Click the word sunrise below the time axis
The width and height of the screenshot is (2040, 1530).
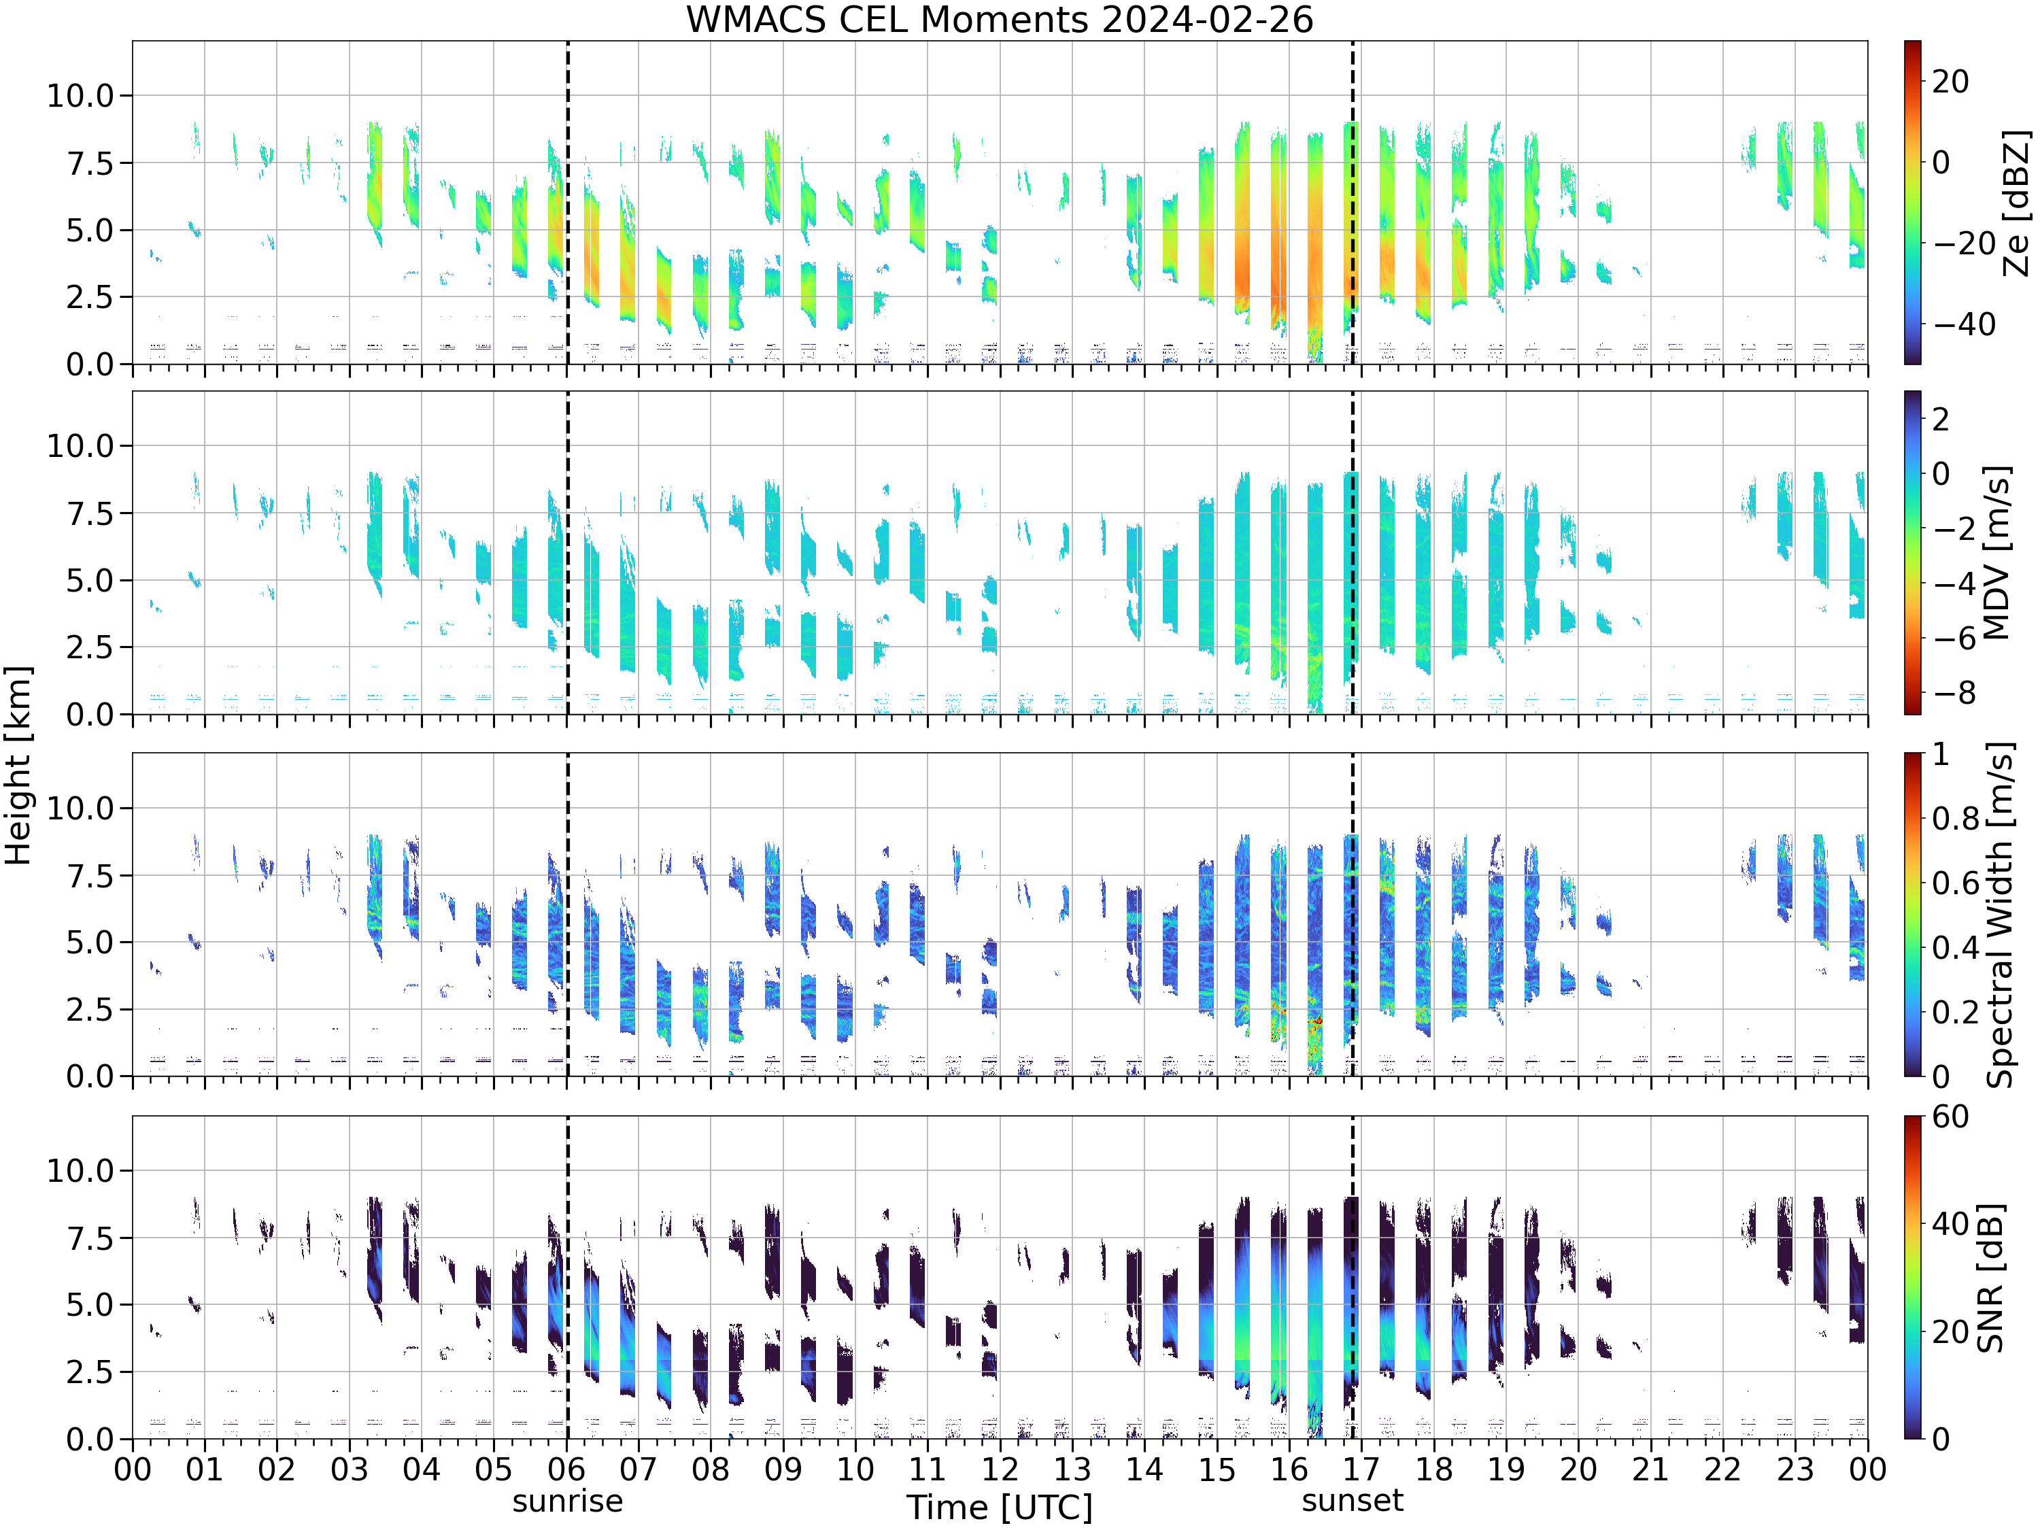[567, 1501]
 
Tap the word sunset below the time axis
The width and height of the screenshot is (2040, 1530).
[1352, 1501]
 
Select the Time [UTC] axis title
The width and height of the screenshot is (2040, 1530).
[1000, 1508]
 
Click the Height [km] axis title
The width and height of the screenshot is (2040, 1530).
[18, 766]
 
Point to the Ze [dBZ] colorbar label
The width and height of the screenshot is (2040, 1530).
[2017, 203]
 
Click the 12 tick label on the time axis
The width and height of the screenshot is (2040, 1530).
[1000, 1469]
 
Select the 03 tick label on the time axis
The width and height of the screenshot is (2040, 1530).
[349, 1469]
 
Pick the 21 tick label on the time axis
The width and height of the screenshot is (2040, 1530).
[1651, 1469]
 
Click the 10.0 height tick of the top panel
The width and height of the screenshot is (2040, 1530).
[80, 95]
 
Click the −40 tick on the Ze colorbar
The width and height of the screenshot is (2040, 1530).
[1965, 324]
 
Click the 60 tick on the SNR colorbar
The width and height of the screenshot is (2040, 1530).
[1950, 1117]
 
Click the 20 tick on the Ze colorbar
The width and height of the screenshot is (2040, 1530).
[1950, 81]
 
